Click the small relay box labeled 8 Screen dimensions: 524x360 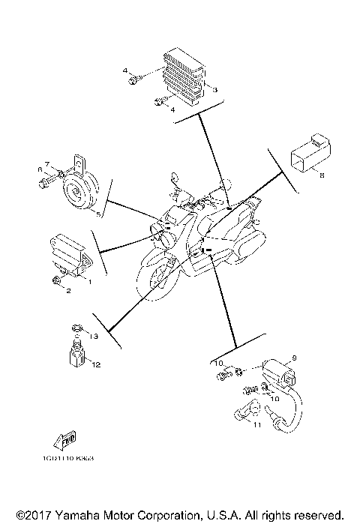pos(306,157)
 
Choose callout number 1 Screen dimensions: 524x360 pos(88,281)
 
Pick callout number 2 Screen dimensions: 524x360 pos(67,290)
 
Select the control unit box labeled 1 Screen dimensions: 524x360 pos(70,250)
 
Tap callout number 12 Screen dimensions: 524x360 pos(96,364)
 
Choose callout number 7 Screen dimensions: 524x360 pos(46,164)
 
